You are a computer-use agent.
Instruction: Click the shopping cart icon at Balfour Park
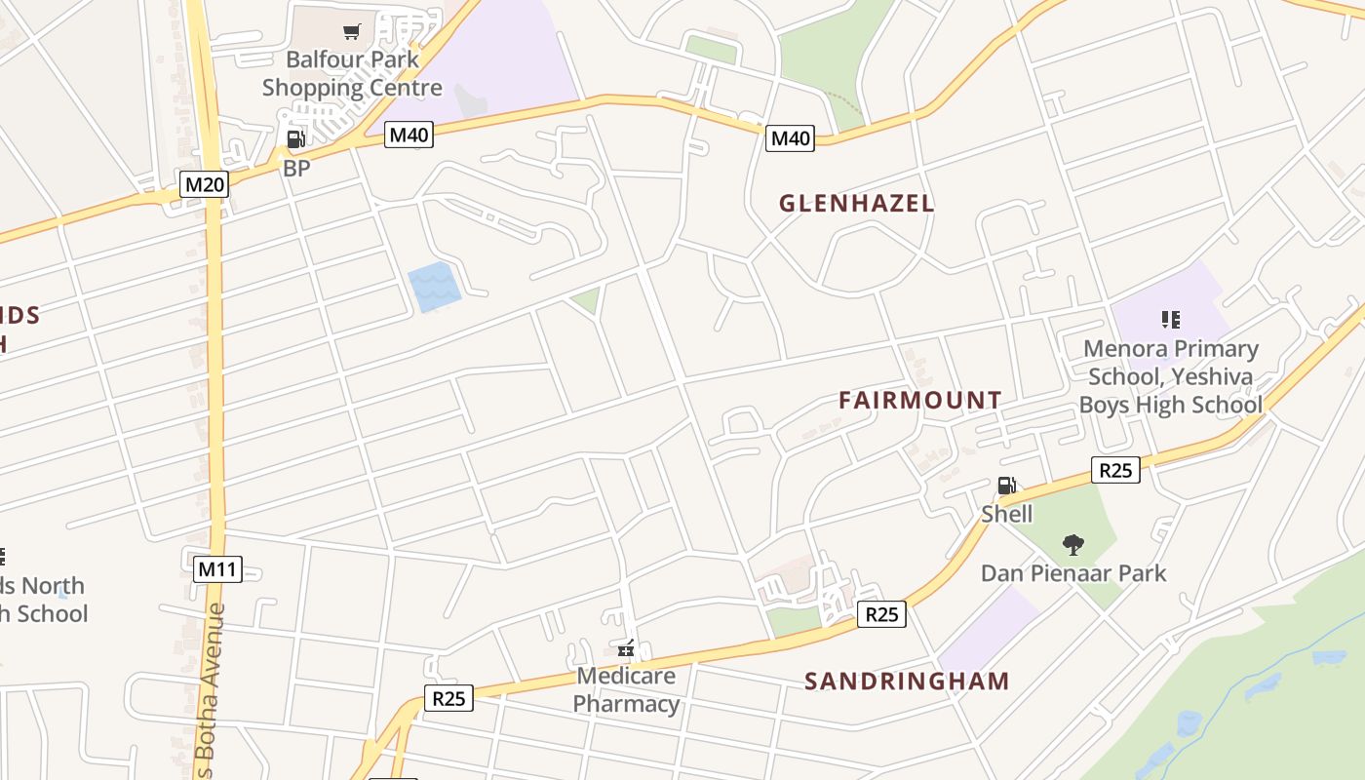[352, 32]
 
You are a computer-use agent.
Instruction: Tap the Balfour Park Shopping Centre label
[352, 73]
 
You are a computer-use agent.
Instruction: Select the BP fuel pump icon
[295, 139]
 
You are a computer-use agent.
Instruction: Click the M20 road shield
[205, 184]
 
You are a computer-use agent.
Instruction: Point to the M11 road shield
[217, 569]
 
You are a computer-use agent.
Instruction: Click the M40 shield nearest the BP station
[409, 135]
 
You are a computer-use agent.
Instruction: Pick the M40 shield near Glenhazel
[790, 138]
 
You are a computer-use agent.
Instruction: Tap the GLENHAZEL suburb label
[856, 204]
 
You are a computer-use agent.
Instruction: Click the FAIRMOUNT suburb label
[919, 400]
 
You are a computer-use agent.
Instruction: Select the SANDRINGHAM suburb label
[907, 681]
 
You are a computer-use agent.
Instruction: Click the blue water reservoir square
[435, 287]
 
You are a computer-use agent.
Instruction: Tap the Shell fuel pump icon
[1006, 486]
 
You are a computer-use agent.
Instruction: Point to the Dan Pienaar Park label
[1073, 573]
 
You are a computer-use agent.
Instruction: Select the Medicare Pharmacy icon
[626, 648]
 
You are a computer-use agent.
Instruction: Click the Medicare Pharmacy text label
[626, 689]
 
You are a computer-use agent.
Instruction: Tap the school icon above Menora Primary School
[1171, 319]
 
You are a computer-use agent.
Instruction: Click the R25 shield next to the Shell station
[1115, 470]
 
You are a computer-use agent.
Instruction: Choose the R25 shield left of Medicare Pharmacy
[448, 698]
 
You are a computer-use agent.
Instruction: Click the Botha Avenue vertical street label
[215, 692]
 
